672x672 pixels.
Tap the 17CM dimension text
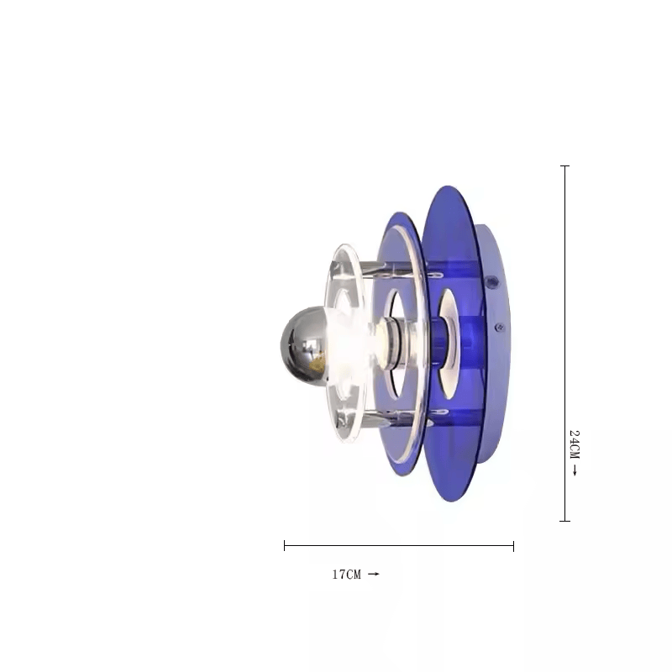[x=347, y=575]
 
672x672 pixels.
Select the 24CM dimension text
[x=575, y=444]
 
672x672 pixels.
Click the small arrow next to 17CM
[x=374, y=574]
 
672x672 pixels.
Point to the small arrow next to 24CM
[x=575, y=470]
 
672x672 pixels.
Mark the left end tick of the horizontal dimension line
[x=285, y=546]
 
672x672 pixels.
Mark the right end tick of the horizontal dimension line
[x=513, y=546]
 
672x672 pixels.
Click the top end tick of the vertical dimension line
[x=564, y=165]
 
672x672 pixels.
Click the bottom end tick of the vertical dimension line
[x=564, y=521]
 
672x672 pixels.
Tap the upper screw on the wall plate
[x=492, y=281]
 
